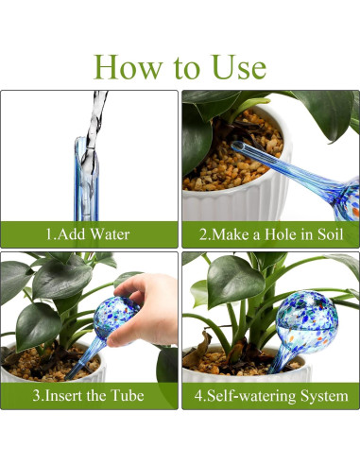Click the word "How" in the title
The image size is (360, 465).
click(129, 67)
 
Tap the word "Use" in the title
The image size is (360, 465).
click(239, 67)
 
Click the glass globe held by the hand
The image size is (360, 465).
click(114, 318)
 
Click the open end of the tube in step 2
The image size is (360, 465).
click(238, 146)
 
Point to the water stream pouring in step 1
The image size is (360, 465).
click(95, 120)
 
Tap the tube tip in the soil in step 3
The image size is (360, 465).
click(69, 376)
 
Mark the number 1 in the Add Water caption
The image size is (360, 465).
click(49, 234)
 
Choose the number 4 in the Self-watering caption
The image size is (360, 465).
click(198, 396)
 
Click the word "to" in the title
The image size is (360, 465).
click(187, 69)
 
